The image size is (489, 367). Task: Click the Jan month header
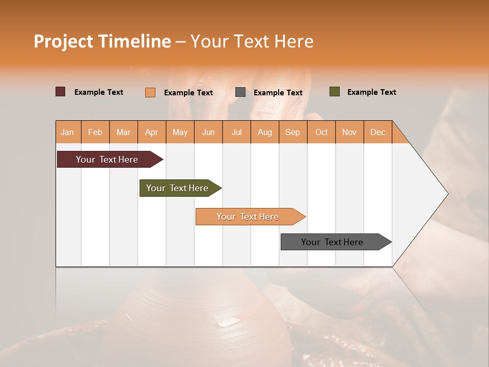68,132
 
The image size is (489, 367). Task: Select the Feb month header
95,132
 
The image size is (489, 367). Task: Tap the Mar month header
123,132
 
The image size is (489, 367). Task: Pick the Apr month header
152,132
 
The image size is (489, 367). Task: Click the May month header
180,132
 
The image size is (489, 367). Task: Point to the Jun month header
208,132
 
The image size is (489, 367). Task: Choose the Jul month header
236,132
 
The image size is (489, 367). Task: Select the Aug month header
265,132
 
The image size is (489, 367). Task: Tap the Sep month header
293,132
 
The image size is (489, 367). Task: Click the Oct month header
321,132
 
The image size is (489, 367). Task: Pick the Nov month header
349,132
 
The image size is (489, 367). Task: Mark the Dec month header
378,132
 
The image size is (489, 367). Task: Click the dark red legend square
61,92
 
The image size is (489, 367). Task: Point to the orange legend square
150,92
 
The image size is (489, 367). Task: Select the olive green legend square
335,92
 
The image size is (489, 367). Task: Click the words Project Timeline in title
102,41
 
